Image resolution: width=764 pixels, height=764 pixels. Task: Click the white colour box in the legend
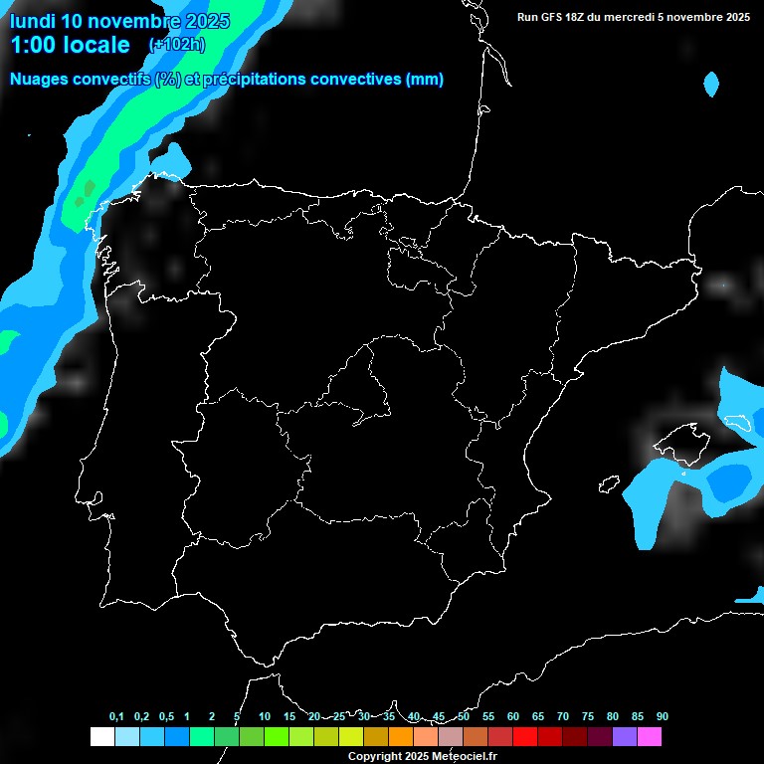[x=101, y=736]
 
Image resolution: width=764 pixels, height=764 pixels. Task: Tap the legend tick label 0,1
[x=116, y=716]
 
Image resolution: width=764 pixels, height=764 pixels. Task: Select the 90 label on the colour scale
[x=663, y=716]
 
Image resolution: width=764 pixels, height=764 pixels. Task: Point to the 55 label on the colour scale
[x=488, y=716]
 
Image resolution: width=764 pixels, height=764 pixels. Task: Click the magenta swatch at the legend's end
[x=650, y=736]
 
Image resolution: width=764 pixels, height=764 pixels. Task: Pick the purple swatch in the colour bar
[x=625, y=736]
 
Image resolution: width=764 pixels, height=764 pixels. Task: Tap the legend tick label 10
[x=264, y=716]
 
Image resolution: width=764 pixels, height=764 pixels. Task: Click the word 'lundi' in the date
[x=33, y=21]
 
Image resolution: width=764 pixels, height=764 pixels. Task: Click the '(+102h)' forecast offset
[x=176, y=44]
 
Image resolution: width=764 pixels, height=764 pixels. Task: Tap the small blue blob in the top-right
[x=710, y=86]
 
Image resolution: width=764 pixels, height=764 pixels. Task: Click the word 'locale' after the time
[x=95, y=45]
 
